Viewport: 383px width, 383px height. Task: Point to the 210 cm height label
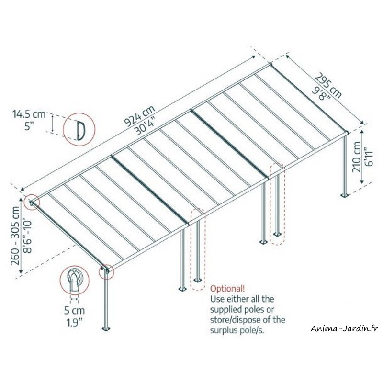(357, 157)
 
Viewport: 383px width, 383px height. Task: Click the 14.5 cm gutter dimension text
(29, 114)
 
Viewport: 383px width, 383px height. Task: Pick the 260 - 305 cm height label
(15, 236)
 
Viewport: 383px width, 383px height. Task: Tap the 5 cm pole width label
(75, 310)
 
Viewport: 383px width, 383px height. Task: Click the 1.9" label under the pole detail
(75, 323)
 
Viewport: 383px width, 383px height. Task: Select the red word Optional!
(227, 289)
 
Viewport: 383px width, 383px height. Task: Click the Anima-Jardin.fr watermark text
(345, 329)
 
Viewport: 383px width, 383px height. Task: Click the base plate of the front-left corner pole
(106, 329)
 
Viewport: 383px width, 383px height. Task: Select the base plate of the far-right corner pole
(345, 195)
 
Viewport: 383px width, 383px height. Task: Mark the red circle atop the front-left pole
(106, 271)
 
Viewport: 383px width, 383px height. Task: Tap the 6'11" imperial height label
(369, 157)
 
